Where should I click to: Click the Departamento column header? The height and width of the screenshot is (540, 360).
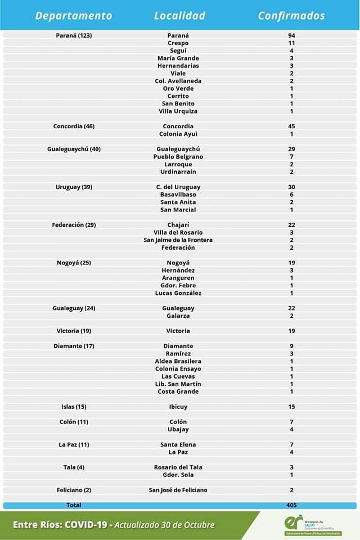74,16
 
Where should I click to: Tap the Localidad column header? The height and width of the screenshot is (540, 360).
179,16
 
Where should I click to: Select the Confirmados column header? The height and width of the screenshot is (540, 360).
291,16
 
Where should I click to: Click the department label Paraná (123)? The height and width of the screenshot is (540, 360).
74,35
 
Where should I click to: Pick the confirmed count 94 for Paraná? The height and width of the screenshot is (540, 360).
291,35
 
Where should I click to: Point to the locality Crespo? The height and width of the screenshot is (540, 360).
178,43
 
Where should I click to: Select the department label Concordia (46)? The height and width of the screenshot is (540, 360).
74,127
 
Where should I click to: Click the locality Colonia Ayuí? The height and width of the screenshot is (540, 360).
178,134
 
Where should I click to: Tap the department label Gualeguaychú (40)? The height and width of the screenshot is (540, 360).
74,149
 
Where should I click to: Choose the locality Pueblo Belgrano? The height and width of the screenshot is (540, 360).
178,157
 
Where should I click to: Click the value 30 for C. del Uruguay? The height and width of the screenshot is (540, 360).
291,187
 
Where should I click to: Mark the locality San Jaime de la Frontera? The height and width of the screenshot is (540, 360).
178,240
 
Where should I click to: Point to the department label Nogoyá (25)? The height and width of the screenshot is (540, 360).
74,263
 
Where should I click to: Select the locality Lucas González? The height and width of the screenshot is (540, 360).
178,293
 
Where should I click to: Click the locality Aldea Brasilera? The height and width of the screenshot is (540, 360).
178,361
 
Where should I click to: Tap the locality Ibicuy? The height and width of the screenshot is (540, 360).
178,407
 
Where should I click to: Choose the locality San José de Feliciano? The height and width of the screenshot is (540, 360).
178,490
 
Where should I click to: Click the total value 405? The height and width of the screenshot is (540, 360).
291,505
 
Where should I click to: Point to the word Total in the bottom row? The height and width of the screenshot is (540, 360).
74,505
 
